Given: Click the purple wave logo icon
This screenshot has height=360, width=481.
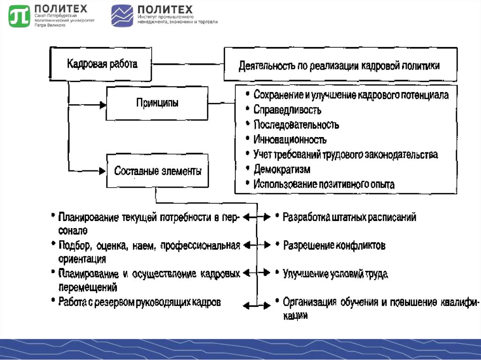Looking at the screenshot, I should point(122,16).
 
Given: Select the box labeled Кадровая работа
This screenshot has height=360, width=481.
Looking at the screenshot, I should point(102,64).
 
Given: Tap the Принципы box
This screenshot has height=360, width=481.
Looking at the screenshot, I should point(157,103).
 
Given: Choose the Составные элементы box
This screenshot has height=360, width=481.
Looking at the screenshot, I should point(158,171).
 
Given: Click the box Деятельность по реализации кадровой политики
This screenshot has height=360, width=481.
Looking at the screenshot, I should point(340,65).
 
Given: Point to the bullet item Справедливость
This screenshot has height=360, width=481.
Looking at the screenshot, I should point(287,110).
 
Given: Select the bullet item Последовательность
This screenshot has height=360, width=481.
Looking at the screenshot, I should point(296,125).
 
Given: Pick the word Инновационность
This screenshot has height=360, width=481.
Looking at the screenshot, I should point(290,139).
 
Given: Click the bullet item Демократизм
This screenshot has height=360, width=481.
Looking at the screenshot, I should point(282,169).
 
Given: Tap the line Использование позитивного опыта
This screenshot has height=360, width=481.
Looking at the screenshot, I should point(324,184).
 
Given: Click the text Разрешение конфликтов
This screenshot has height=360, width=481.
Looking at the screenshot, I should point(334,245).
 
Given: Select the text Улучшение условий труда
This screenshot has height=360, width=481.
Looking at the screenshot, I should point(335,274).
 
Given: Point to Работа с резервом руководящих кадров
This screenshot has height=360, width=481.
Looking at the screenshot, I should point(140,302).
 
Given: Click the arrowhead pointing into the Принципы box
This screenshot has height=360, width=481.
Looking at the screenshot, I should point(102,105).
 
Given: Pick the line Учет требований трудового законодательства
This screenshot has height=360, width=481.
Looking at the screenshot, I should point(346,154).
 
